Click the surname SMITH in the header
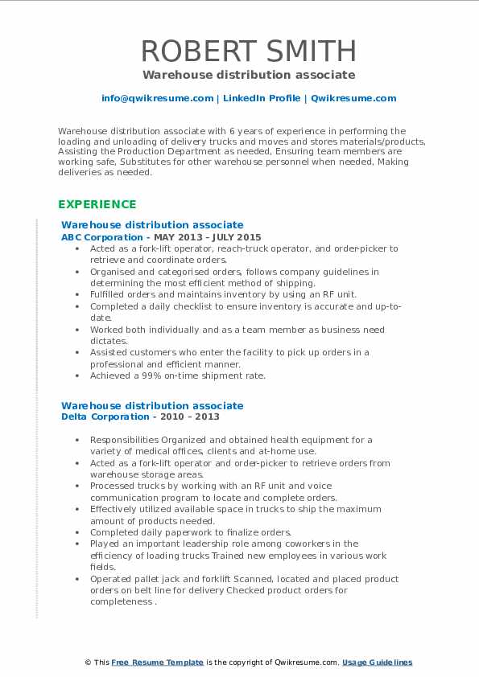304,51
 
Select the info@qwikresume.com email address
157,98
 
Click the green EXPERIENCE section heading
97,204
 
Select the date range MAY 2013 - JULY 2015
209,238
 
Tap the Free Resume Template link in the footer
158,663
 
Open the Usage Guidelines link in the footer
377,663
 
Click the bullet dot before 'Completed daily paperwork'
76,532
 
